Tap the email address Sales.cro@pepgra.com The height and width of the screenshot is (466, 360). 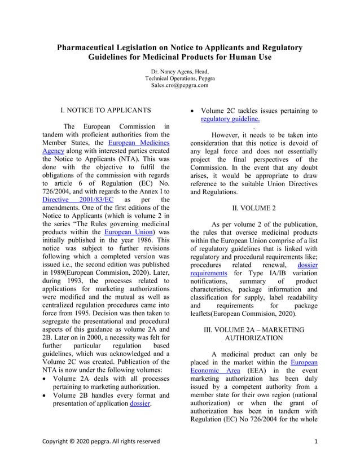tap(179, 86)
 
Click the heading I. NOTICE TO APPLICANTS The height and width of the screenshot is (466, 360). tap(106, 109)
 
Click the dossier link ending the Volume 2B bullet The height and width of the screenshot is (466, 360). tap(141, 404)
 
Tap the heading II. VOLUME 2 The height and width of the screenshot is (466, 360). tap(253, 208)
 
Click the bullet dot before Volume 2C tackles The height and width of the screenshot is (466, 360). tap(194, 111)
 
